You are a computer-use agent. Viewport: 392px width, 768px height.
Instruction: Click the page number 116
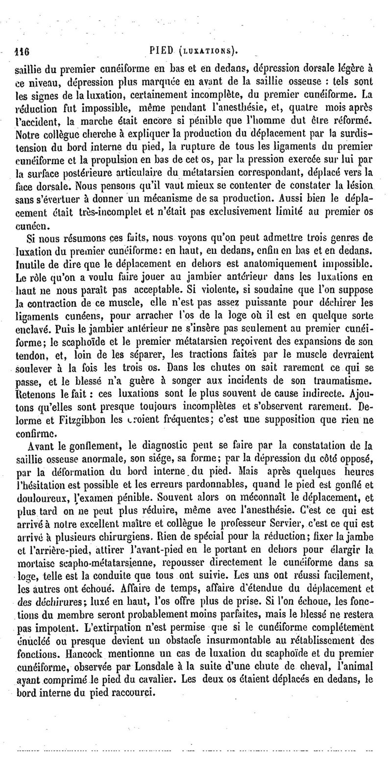point(23,51)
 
